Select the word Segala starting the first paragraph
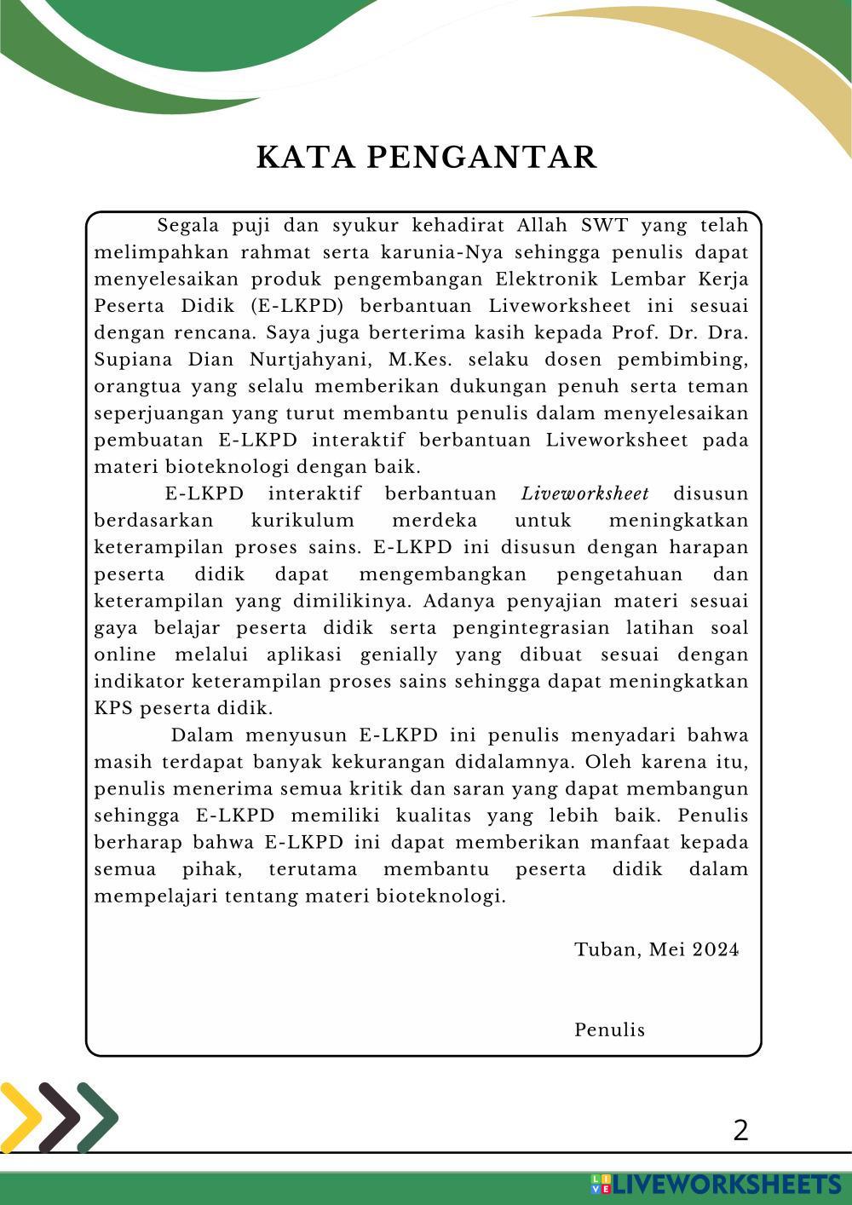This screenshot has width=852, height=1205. (x=188, y=226)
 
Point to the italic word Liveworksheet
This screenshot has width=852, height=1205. (x=584, y=494)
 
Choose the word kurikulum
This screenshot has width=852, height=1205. (x=302, y=521)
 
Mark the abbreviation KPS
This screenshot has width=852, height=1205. (x=112, y=709)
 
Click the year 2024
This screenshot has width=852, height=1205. (x=716, y=950)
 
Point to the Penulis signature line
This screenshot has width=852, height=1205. (x=610, y=1030)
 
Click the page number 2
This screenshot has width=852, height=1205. (x=740, y=1131)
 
